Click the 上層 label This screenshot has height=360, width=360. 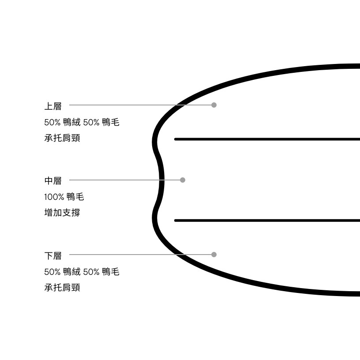coord(53,106)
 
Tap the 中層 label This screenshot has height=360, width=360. coord(53,181)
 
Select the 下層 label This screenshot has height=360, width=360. coord(53,256)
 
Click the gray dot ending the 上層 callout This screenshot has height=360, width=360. coord(214,105)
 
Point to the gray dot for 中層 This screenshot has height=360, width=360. coord(183,180)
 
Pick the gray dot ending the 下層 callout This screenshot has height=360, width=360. coord(214,255)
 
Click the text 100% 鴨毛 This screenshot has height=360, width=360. coord(64,197)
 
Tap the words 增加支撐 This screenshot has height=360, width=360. coord(62,213)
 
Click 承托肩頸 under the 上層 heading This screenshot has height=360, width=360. coord(62,138)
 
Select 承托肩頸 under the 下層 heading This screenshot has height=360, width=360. coord(62,288)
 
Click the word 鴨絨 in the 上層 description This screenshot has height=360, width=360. coord(71,122)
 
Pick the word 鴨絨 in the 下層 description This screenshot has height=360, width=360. coord(71,272)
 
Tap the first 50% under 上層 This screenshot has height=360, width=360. coord(52,122)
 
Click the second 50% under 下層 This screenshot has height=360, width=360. coord(91,272)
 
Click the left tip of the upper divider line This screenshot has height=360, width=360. coord(175,139)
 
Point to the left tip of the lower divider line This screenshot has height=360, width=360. coord(175,221)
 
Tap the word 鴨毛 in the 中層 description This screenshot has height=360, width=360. coord(75,197)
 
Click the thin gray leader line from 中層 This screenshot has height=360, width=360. coord(125,180)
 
